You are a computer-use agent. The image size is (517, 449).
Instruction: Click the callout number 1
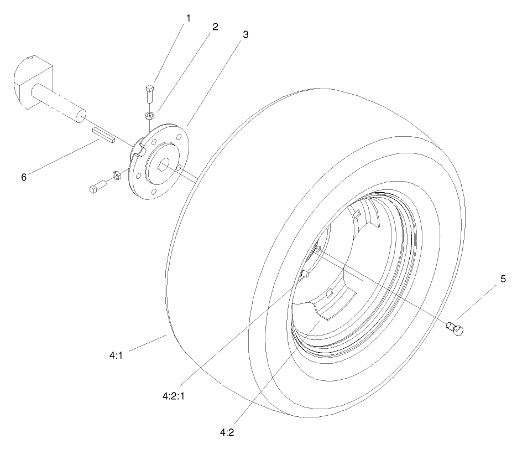tap(187, 18)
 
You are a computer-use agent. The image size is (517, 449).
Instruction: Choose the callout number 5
tap(503, 279)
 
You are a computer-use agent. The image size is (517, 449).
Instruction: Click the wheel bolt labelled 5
tap(455, 328)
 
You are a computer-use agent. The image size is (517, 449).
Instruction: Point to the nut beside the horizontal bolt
tap(117, 175)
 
